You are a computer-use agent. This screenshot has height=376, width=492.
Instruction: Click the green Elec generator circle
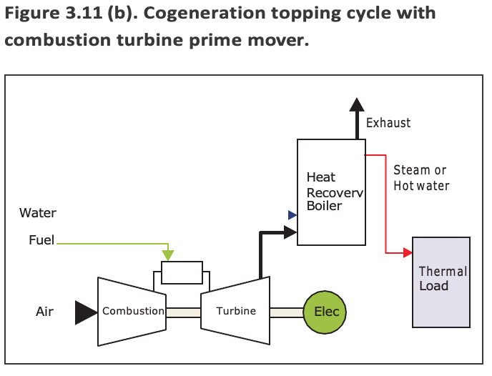[326, 312]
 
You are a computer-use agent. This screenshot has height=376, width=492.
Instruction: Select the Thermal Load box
[441, 282]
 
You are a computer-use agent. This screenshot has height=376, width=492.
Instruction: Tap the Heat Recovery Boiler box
[330, 192]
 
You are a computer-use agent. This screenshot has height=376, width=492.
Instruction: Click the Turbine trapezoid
[235, 309]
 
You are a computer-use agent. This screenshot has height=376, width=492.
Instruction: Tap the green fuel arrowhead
[168, 254]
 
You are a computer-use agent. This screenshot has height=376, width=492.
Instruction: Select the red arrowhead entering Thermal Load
[408, 252]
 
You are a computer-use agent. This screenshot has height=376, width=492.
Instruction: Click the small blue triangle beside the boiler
[292, 214]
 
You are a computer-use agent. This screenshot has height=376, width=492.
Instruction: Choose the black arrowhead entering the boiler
[290, 231]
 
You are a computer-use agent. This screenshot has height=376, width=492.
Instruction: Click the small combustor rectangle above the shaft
[182, 272]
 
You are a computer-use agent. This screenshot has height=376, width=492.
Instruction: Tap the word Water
[38, 213]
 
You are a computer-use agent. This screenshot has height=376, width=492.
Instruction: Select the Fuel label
[41, 240]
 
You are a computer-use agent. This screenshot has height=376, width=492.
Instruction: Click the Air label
[45, 312]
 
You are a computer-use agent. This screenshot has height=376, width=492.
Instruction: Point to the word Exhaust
[388, 123]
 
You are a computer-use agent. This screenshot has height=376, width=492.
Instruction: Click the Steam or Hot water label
[420, 178]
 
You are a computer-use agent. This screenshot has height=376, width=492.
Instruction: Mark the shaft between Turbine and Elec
[286, 312]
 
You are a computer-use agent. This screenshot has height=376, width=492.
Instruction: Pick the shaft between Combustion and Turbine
[183, 312]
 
